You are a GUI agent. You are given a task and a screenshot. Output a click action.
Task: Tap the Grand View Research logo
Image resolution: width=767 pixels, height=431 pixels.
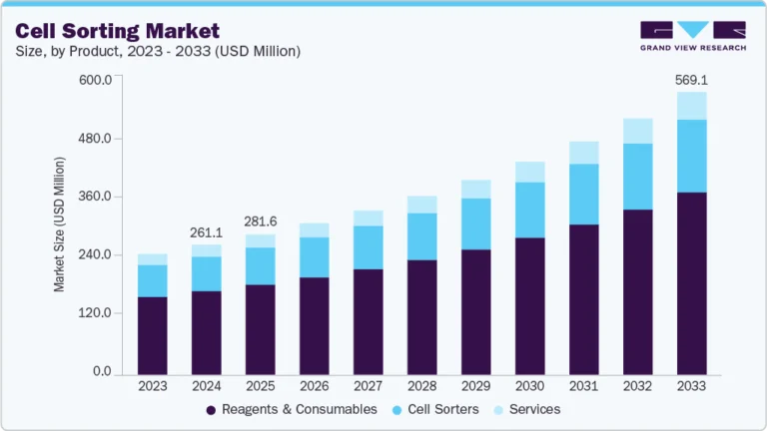(x=693, y=36)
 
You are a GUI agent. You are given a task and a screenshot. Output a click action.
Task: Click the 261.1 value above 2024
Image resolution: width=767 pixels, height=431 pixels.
(x=207, y=231)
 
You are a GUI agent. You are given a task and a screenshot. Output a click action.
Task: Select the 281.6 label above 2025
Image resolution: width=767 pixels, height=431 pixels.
(x=261, y=220)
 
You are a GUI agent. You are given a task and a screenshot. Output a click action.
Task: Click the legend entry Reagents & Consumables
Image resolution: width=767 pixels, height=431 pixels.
(x=292, y=409)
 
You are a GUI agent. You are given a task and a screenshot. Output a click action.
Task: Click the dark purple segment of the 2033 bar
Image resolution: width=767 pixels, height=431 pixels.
(x=692, y=283)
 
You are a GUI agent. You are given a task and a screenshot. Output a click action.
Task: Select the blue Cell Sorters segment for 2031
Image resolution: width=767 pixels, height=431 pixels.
(x=584, y=195)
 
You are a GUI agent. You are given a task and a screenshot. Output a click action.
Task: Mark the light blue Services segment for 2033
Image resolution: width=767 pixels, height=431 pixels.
(x=692, y=106)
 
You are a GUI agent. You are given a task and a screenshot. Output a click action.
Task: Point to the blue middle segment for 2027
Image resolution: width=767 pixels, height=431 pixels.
(x=369, y=247)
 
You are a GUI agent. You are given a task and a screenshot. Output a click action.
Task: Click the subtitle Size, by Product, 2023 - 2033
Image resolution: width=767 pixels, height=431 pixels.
(x=158, y=51)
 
